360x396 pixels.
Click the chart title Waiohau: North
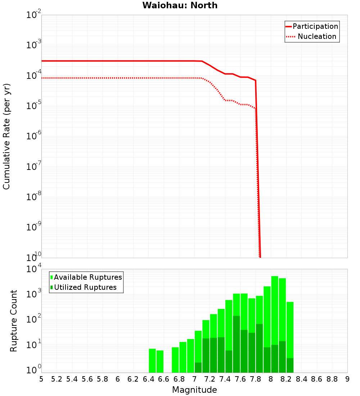pyautogui.click(x=180, y=5)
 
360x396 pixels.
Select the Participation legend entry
pyautogui.click(x=315, y=26)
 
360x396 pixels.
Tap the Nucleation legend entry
pyautogui.click(x=317, y=36)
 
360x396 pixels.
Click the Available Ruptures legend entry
pyautogui.click(x=88, y=277)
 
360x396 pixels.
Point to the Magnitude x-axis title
pyautogui.click(x=194, y=390)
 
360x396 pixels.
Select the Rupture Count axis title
pyautogui.click(x=14, y=320)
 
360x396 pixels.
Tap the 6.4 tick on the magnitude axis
pyautogui.click(x=148, y=379)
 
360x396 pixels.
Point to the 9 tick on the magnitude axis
pyautogui.click(x=347, y=379)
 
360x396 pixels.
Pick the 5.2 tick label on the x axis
pyautogui.click(x=57, y=379)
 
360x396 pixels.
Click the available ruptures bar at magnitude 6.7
pyautogui.click(x=175, y=360)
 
